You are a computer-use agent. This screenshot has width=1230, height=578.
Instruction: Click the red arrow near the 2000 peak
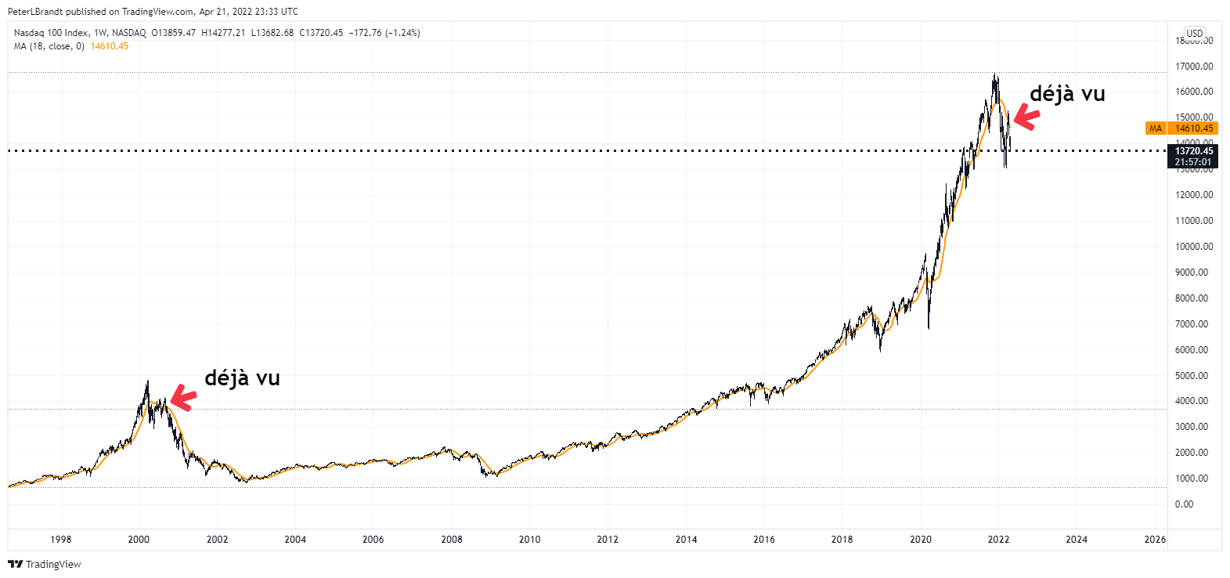click(x=182, y=398)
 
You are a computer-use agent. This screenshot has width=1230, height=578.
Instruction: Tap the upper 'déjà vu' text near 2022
click(x=1067, y=94)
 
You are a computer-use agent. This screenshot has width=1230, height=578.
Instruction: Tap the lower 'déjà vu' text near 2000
click(x=242, y=378)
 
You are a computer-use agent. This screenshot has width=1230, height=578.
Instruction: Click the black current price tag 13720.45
click(x=1193, y=151)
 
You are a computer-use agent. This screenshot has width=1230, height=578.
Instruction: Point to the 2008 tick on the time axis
click(x=452, y=539)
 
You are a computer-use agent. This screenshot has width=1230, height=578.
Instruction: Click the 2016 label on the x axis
click(x=764, y=539)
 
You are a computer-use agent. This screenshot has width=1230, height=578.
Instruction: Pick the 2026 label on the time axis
click(x=1155, y=539)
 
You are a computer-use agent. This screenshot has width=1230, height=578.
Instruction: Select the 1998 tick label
click(x=61, y=539)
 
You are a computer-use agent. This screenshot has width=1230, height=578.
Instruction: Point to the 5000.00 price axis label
click(x=1194, y=376)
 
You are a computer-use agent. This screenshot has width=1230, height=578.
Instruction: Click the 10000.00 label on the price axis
click(x=1194, y=247)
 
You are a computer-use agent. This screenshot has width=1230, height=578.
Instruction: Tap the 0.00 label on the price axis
click(x=1184, y=504)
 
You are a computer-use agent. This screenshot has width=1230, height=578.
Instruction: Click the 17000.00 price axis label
click(x=1194, y=67)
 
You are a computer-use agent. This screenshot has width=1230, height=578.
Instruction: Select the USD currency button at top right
click(x=1195, y=34)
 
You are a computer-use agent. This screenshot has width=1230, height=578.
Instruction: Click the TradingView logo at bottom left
click(x=45, y=564)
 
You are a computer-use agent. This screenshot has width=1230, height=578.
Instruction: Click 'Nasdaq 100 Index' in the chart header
click(x=51, y=33)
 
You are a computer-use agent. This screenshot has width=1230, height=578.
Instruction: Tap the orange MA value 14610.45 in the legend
click(x=110, y=46)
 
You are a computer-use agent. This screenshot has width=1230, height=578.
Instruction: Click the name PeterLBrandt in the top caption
click(x=35, y=12)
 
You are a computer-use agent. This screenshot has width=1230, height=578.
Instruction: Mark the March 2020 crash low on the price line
click(x=929, y=328)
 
